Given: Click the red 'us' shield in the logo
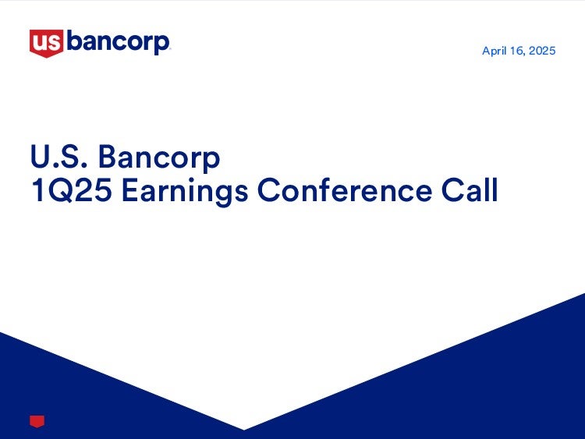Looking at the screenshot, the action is [46, 43].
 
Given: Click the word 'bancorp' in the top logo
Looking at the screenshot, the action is [118, 43].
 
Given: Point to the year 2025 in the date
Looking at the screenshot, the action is [542, 51].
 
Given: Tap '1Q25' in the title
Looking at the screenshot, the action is [72, 190].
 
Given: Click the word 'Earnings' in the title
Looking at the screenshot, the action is [185, 192].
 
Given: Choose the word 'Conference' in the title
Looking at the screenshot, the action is [345, 190].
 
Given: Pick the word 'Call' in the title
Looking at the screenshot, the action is [470, 189].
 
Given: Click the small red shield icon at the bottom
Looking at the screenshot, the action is [37, 422].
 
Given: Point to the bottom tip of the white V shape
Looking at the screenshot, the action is [244, 430].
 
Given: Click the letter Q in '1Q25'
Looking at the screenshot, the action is [61, 191].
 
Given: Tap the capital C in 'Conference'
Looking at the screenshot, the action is [269, 190].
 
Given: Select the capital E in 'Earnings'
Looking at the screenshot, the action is [129, 190].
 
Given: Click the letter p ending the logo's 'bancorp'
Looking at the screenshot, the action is [161, 45].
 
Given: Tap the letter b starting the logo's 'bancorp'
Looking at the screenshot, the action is [74, 41].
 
